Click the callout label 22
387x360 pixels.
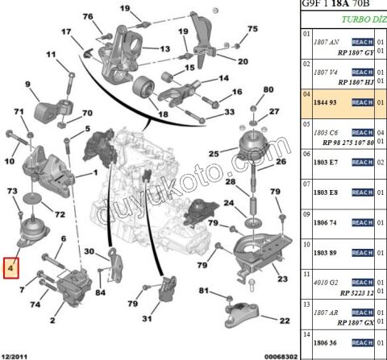(x=284, y=321)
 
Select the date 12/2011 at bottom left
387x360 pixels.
(x=16, y=354)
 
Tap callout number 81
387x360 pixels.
(x=204, y=290)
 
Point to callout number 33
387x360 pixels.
(x=230, y=112)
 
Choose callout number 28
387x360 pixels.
(x=231, y=183)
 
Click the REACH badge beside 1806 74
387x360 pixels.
(x=361, y=222)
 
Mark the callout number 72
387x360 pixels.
(x=60, y=213)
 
